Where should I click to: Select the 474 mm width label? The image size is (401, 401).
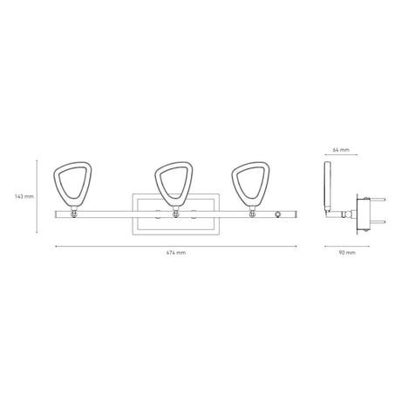point(176,252)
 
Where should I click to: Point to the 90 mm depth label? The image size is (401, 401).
point(346,252)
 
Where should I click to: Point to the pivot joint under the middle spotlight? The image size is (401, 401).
point(176,214)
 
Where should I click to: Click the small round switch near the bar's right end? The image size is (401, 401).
point(278,214)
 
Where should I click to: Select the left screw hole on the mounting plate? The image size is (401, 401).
point(157,214)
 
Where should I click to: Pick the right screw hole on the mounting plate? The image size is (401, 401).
point(194,214)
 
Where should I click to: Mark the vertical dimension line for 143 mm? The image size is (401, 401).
point(37,196)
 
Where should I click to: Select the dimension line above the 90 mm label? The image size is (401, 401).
point(346,245)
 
